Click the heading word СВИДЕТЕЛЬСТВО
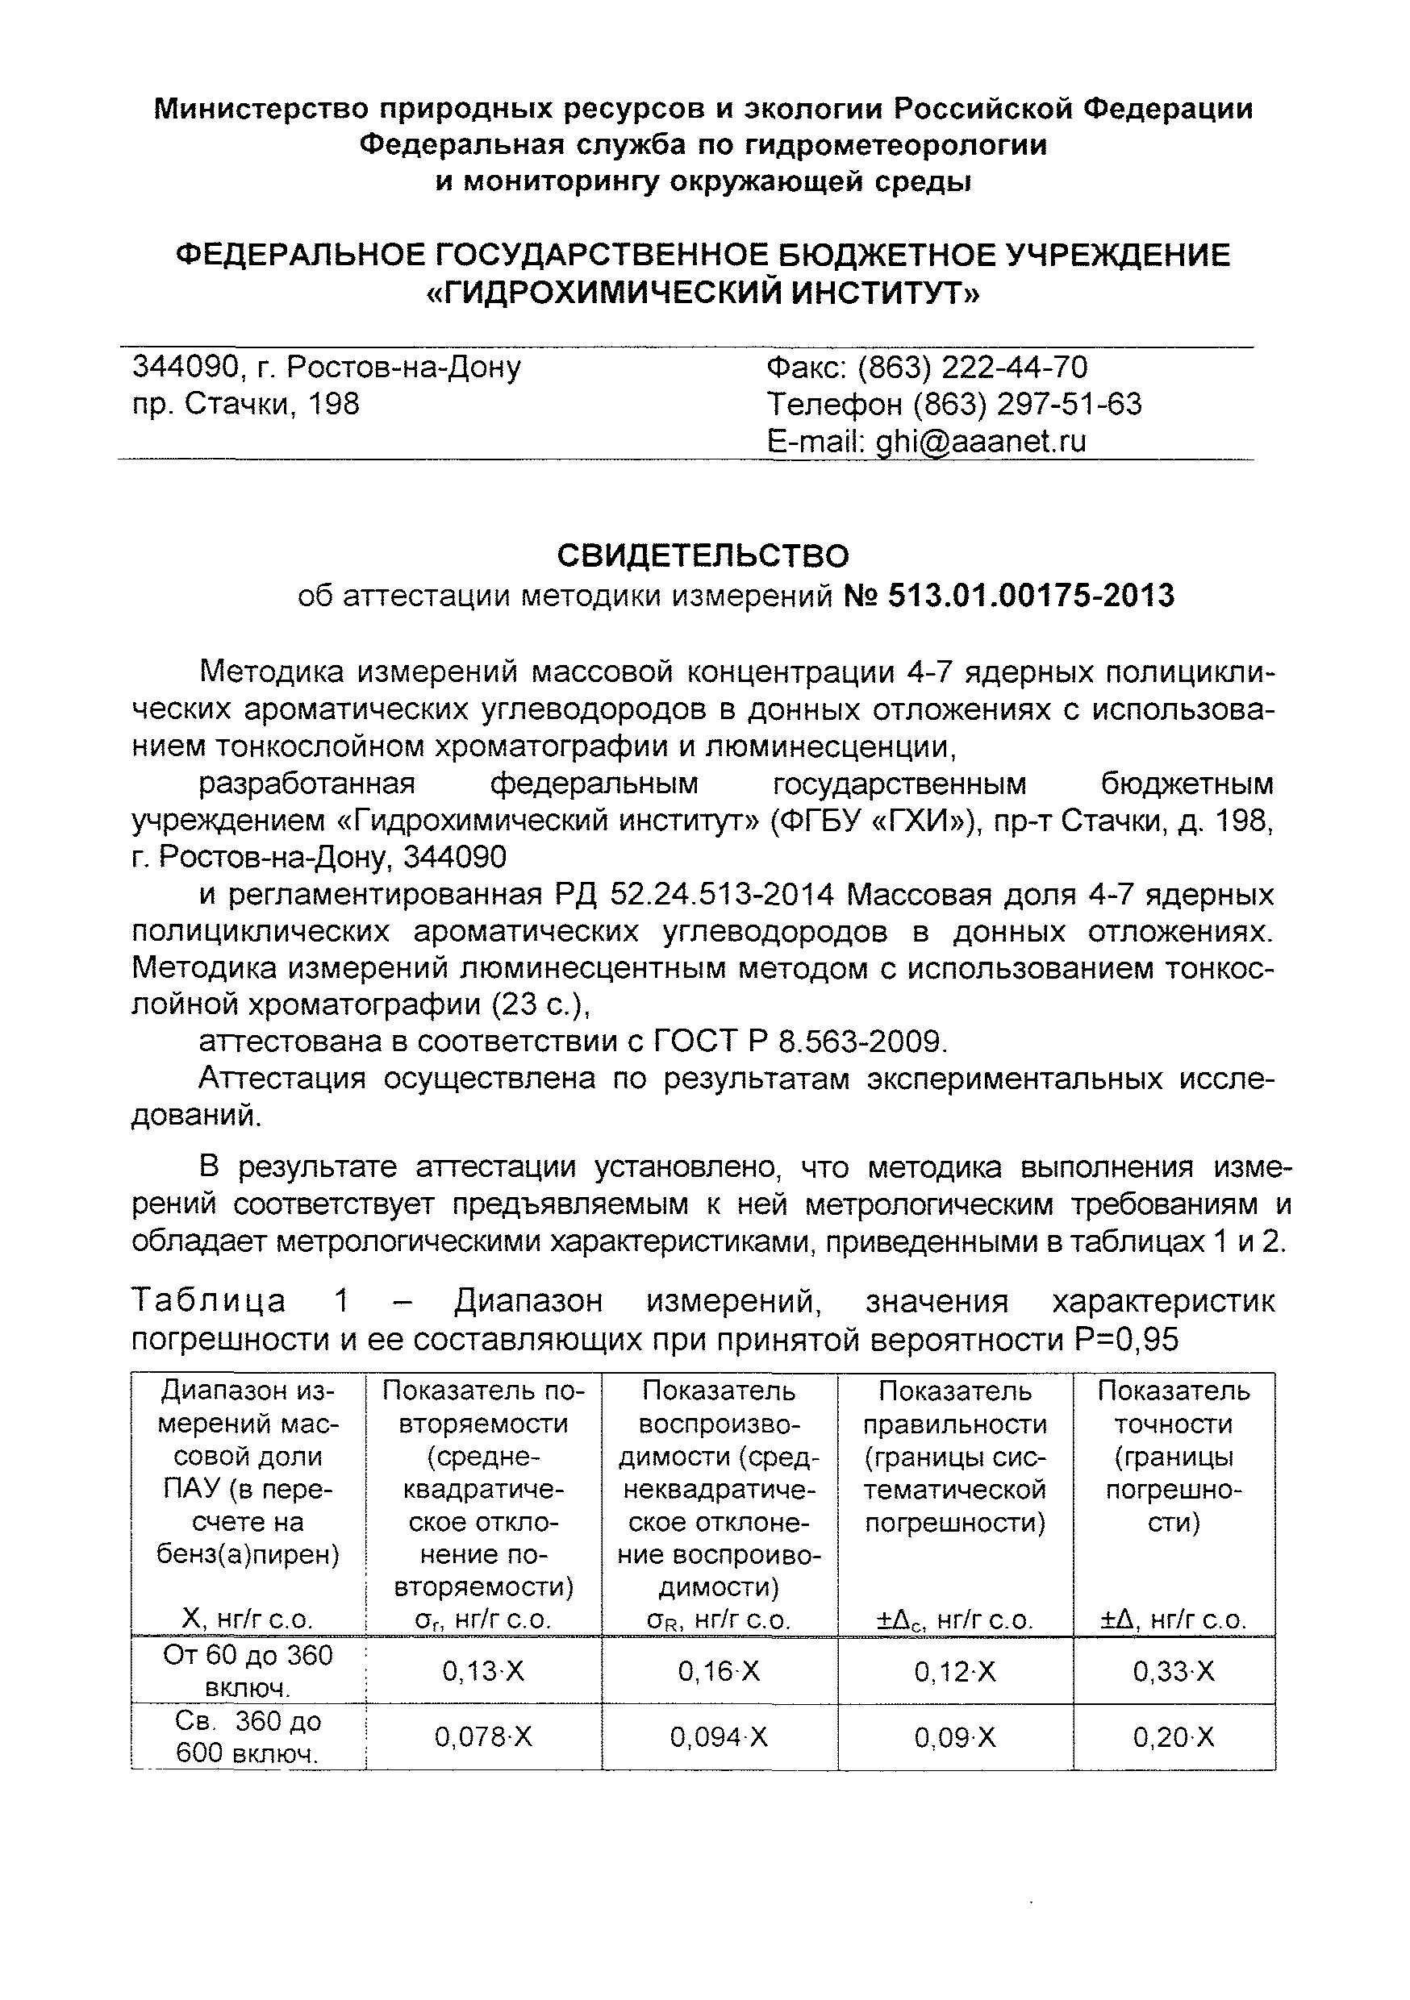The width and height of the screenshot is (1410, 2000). pyautogui.click(x=703, y=555)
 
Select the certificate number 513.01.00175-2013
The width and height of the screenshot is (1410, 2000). pyautogui.click(x=1031, y=596)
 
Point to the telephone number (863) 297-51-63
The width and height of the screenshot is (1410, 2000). pyautogui.click(x=1028, y=404)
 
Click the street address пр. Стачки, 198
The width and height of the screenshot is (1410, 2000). pyautogui.click(x=246, y=404)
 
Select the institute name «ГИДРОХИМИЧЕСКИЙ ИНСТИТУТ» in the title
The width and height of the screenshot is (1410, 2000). pyautogui.click(x=703, y=293)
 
